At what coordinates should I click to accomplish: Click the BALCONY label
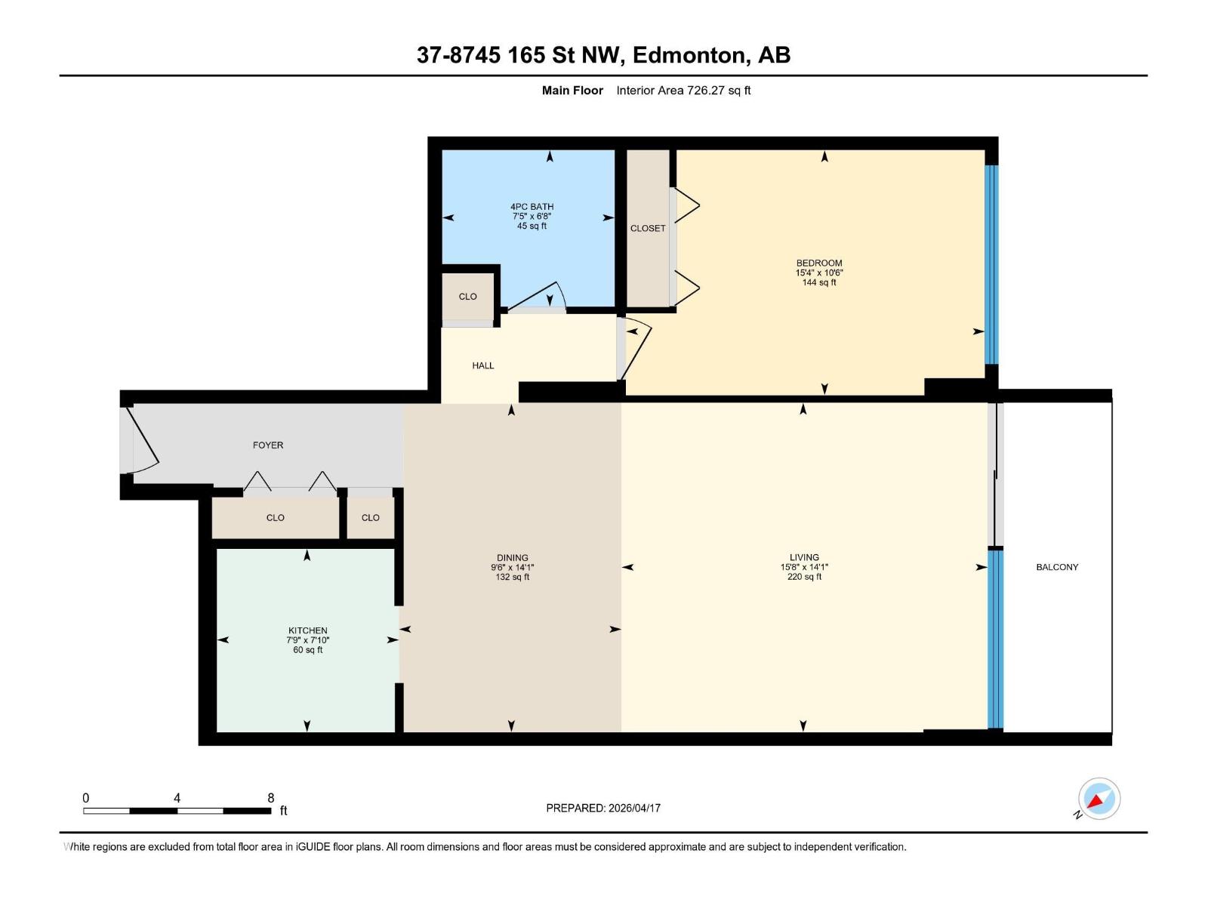coord(1056,567)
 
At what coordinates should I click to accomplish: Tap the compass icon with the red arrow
coord(1099,799)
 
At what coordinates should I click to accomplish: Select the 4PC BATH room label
coord(532,207)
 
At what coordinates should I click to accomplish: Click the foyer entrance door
coord(141,441)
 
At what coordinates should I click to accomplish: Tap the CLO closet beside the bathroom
coord(467,297)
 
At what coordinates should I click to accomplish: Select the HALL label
coord(483,365)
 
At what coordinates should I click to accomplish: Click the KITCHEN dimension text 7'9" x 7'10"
coord(308,640)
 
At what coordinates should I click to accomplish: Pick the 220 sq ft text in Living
coord(804,577)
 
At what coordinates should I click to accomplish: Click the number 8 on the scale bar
coord(271,798)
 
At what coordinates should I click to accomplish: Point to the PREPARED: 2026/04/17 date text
coord(603,808)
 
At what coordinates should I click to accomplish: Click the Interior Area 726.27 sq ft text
coord(683,91)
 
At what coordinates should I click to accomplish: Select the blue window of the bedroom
coord(992,264)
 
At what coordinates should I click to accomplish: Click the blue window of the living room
coord(995,638)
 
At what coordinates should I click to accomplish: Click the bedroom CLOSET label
coord(648,228)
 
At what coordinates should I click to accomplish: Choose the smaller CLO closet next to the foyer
coord(370,518)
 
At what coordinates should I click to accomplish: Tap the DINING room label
coord(512,558)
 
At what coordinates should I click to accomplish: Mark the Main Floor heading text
coord(572,91)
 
